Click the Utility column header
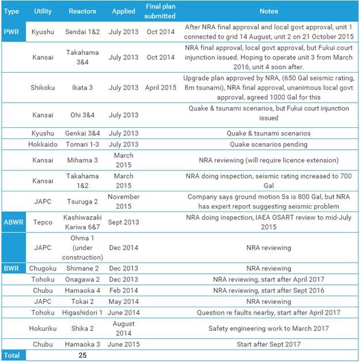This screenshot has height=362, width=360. [x=43, y=12]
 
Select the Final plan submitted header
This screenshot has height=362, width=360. [x=160, y=12]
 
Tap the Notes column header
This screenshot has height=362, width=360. [x=268, y=12]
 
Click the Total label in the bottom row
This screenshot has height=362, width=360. [x=12, y=355]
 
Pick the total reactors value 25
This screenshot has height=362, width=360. [x=82, y=355]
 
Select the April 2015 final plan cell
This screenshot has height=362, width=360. [x=160, y=88]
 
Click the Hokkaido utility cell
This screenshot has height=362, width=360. [x=43, y=144]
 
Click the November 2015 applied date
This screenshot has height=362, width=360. [x=123, y=201]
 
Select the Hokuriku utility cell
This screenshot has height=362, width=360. [x=43, y=329]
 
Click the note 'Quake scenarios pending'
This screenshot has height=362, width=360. [x=268, y=144]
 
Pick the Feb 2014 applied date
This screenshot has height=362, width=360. [x=123, y=290]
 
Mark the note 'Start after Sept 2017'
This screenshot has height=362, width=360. [x=268, y=344]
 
